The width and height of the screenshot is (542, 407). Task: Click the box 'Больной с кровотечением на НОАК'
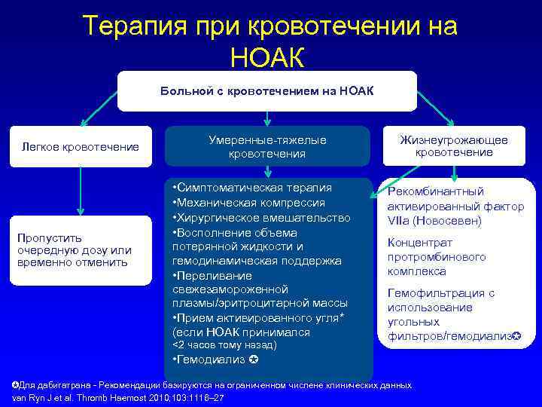pyautogui.click(x=266, y=91)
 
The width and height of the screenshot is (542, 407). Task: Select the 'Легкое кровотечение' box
pyautogui.click(x=80, y=146)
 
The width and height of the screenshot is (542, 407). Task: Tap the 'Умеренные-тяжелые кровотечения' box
pyautogui.click(x=267, y=146)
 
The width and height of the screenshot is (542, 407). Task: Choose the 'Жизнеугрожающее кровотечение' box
pyautogui.click(x=454, y=146)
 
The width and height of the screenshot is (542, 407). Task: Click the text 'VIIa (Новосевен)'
pyautogui.click(x=434, y=222)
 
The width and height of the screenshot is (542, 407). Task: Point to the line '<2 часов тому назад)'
pyautogui.click(x=224, y=345)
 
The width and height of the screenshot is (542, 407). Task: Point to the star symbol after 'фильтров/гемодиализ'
pyautogui.click(x=516, y=335)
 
